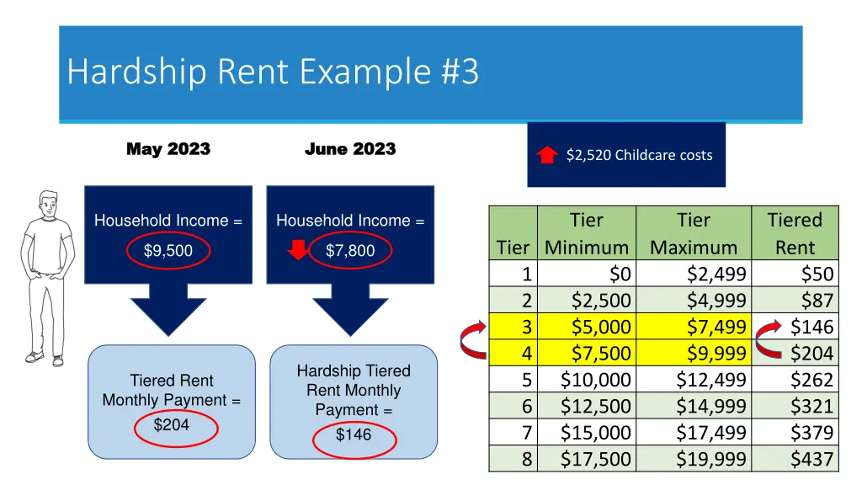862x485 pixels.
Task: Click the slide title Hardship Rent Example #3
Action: (273, 72)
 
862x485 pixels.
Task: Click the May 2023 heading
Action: (168, 149)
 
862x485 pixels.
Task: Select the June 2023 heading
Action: (349, 149)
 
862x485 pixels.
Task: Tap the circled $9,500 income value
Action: (168, 250)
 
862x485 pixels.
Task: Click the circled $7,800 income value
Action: (350, 250)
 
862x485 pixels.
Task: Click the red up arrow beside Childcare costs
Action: (547, 155)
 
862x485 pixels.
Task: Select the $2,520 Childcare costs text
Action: (639, 155)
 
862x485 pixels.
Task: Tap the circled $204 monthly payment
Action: (171, 425)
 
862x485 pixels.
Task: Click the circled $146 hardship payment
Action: (353, 434)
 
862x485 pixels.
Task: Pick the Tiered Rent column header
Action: (795, 233)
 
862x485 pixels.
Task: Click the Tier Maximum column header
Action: (694, 233)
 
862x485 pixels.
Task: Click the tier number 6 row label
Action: (527, 406)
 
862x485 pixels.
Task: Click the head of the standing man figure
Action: (48, 205)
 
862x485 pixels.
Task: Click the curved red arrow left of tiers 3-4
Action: (471, 339)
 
